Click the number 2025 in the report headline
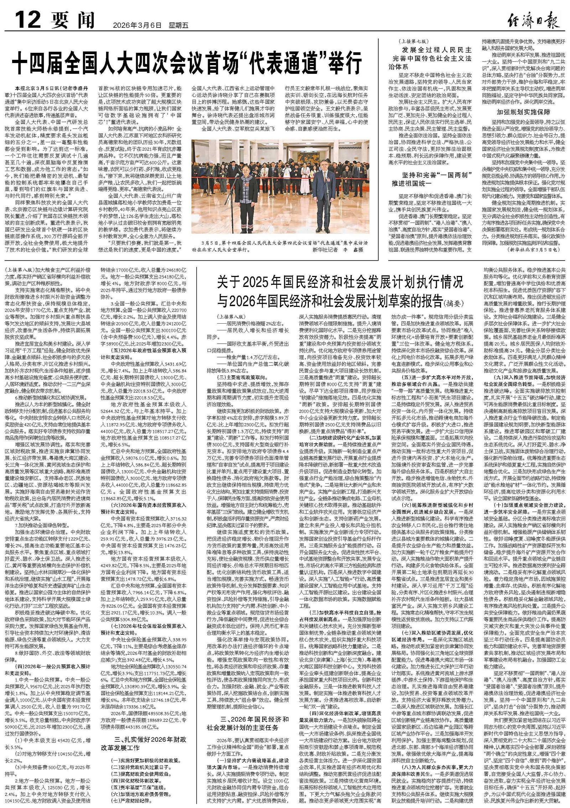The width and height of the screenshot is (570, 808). pyautogui.click(x=261, y=283)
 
